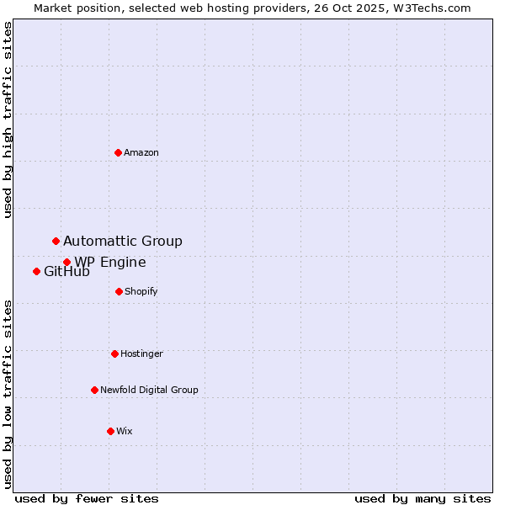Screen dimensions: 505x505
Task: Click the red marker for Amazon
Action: click(x=118, y=152)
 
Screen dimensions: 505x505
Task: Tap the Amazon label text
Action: click(x=141, y=152)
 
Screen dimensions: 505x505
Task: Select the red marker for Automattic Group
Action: click(x=56, y=242)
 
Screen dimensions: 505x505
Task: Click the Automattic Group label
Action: click(x=123, y=242)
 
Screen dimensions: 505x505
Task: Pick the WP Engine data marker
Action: click(x=66, y=263)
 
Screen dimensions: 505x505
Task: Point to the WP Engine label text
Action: click(x=110, y=263)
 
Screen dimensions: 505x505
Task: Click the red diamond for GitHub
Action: click(x=36, y=271)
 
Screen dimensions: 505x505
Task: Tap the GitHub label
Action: click(x=66, y=272)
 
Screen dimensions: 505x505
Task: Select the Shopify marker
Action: click(x=119, y=291)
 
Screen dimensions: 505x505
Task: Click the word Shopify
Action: click(x=141, y=291)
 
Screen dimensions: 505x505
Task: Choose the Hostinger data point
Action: click(x=114, y=353)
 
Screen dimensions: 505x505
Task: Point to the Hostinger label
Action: click(x=141, y=353)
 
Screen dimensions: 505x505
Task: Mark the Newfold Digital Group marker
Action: click(x=94, y=390)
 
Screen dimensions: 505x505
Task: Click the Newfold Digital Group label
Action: click(x=149, y=390)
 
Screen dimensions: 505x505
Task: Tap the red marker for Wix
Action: click(x=110, y=431)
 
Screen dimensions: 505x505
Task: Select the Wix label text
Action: click(x=125, y=431)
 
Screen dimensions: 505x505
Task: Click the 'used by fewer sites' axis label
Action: click(x=87, y=499)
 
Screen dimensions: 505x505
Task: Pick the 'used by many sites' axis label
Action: click(x=423, y=499)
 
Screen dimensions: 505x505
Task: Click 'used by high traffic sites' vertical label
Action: click(x=8, y=120)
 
